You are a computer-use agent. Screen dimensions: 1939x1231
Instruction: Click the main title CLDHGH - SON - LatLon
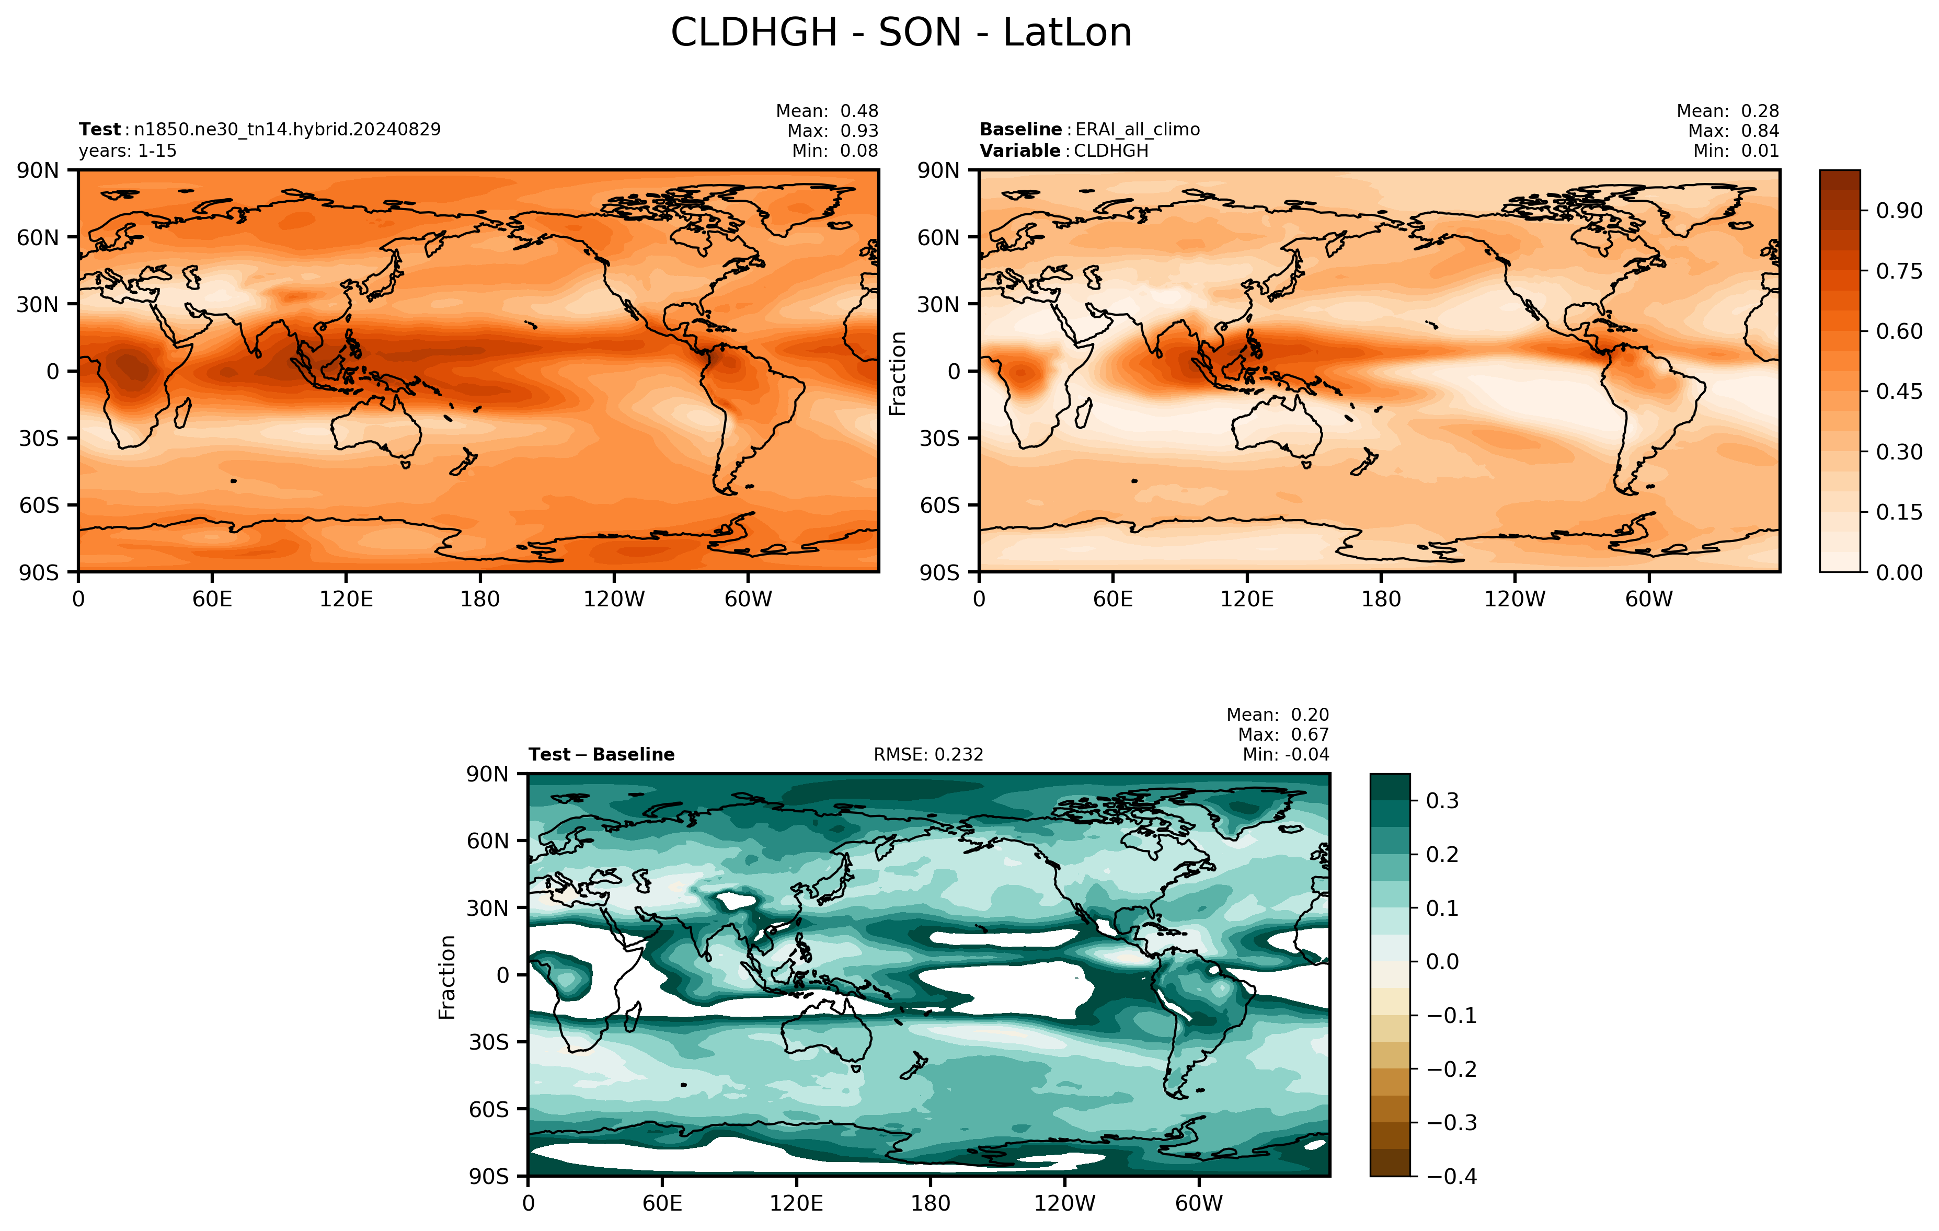pyautogui.click(x=901, y=33)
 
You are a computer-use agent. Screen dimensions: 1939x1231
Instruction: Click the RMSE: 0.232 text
pyautogui.click(x=928, y=754)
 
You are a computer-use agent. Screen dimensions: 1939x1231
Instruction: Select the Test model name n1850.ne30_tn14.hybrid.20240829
pyautogui.click(x=288, y=130)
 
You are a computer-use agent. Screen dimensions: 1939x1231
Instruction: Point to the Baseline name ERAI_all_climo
pyautogui.click(x=1138, y=130)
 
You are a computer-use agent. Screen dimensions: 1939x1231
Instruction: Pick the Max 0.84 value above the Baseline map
pyautogui.click(x=1760, y=131)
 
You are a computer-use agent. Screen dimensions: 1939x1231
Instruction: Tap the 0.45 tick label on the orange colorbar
pyautogui.click(x=1900, y=392)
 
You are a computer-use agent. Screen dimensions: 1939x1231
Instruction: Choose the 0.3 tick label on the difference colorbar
pyautogui.click(x=1443, y=801)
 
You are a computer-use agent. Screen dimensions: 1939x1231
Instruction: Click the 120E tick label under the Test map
pyautogui.click(x=346, y=599)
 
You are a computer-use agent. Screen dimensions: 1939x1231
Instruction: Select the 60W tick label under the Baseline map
pyautogui.click(x=1649, y=599)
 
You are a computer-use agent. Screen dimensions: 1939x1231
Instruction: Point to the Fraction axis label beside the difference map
pyautogui.click(x=447, y=977)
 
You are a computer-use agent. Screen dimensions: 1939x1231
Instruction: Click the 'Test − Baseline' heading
pyautogui.click(x=602, y=754)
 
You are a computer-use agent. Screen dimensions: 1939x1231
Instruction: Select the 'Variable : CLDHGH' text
pyautogui.click(x=1064, y=151)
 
